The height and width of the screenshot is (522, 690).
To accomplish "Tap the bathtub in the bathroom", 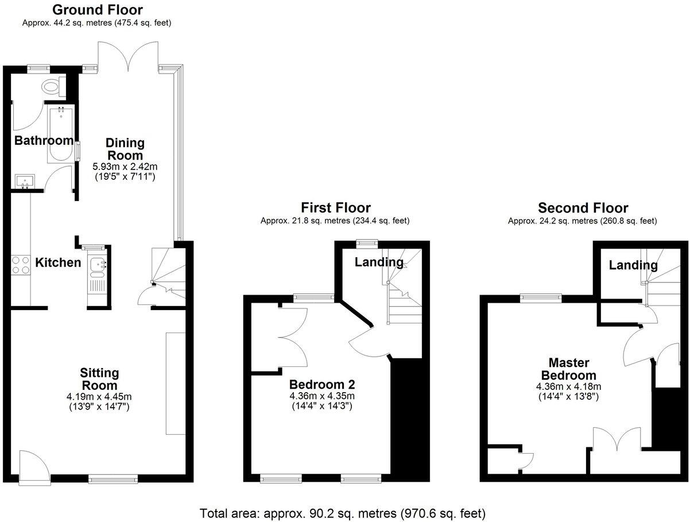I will pyautogui.click(x=60, y=133).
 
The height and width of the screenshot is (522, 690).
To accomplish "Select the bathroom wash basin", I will pyautogui.click(x=25, y=182).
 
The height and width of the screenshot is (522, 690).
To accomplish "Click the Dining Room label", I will pyautogui.click(x=125, y=149).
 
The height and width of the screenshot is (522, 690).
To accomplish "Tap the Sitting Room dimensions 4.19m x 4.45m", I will pyautogui.click(x=99, y=396).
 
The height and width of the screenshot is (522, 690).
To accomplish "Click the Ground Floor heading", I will pyautogui.click(x=97, y=10).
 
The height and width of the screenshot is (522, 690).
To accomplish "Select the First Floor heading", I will pyautogui.click(x=336, y=207).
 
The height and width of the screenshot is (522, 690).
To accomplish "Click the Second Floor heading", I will pyautogui.click(x=583, y=207).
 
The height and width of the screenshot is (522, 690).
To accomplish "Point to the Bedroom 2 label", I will pyautogui.click(x=321, y=384).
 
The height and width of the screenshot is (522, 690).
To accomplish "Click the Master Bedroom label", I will pyautogui.click(x=569, y=369).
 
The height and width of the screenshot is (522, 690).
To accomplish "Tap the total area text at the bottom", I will pyautogui.click(x=343, y=512).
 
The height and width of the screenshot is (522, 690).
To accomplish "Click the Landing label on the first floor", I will pyautogui.click(x=378, y=262).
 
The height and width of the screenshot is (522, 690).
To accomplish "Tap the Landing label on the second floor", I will pyautogui.click(x=633, y=265).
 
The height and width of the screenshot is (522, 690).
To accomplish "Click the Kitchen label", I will pyautogui.click(x=58, y=263).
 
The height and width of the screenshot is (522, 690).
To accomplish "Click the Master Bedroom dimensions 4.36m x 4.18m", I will pyautogui.click(x=569, y=386).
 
